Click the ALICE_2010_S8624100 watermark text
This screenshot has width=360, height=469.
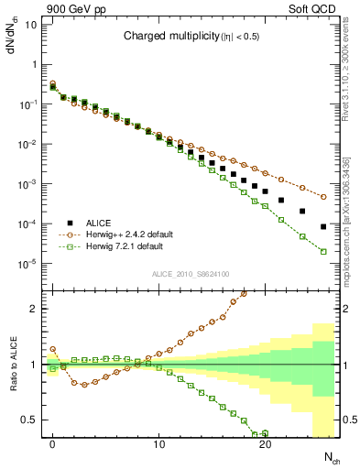(190, 274)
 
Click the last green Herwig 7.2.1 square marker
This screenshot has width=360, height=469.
(323, 252)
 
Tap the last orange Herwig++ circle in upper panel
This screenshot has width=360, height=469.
(323, 197)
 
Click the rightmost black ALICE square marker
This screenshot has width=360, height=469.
(323, 226)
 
